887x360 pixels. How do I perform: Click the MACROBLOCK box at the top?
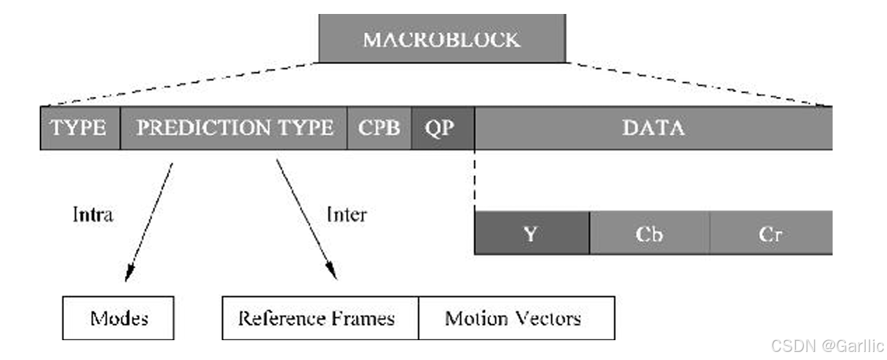442,39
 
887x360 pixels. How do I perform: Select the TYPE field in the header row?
79,128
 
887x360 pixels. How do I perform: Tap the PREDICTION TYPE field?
234,128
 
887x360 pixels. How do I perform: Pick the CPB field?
379,128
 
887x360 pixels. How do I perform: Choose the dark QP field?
442,128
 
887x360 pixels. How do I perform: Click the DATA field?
653,128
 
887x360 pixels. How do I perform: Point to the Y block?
531,233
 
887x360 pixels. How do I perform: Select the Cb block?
650,233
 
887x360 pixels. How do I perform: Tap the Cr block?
770,233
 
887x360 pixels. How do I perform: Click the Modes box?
119,317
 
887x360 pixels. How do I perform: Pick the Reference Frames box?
320,317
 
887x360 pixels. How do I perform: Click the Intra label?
93,215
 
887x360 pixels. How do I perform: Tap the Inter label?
346,215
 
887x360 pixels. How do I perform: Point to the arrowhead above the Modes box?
129,274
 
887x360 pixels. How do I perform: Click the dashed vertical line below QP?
475,180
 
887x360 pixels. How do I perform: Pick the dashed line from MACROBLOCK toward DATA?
698,85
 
